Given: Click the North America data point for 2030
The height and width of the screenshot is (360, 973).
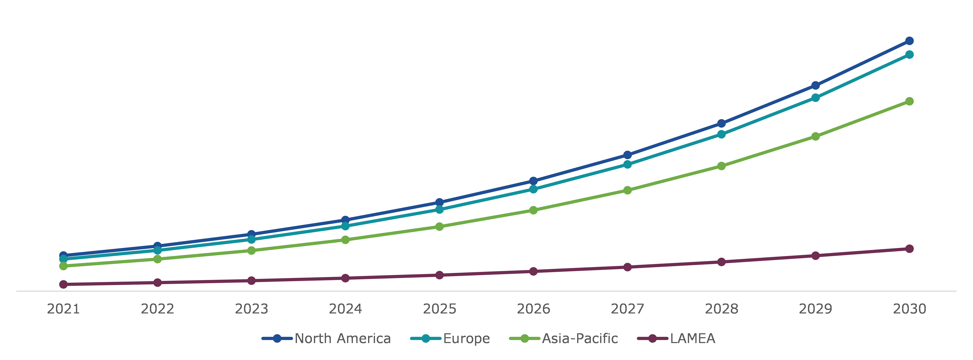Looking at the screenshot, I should [x=910, y=41].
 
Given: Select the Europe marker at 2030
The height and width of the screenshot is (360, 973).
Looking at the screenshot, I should [x=910, y=55].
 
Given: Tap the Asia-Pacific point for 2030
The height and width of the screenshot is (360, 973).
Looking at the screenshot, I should [x=910, y=101].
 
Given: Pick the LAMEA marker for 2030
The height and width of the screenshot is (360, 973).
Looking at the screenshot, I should [x=910, y=249].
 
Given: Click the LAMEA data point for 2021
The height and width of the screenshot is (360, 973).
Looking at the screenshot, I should [x=63, y=284].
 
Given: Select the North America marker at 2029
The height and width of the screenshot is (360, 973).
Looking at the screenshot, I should [x=815, y=85].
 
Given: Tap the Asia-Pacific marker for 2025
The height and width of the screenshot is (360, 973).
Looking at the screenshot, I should [x=439, y=227].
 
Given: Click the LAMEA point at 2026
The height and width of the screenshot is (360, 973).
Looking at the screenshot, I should [x=533, y=271].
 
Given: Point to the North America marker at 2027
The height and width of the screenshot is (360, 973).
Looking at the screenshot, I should [x=627, y=155].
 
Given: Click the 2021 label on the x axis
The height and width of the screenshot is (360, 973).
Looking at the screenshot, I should [x=63, y=309].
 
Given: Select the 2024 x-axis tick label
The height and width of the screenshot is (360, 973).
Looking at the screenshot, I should [x=345, y=309].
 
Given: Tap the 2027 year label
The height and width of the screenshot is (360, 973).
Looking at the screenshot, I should [x=627, y=309].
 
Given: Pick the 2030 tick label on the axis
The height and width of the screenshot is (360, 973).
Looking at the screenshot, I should [x=910, y=309].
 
